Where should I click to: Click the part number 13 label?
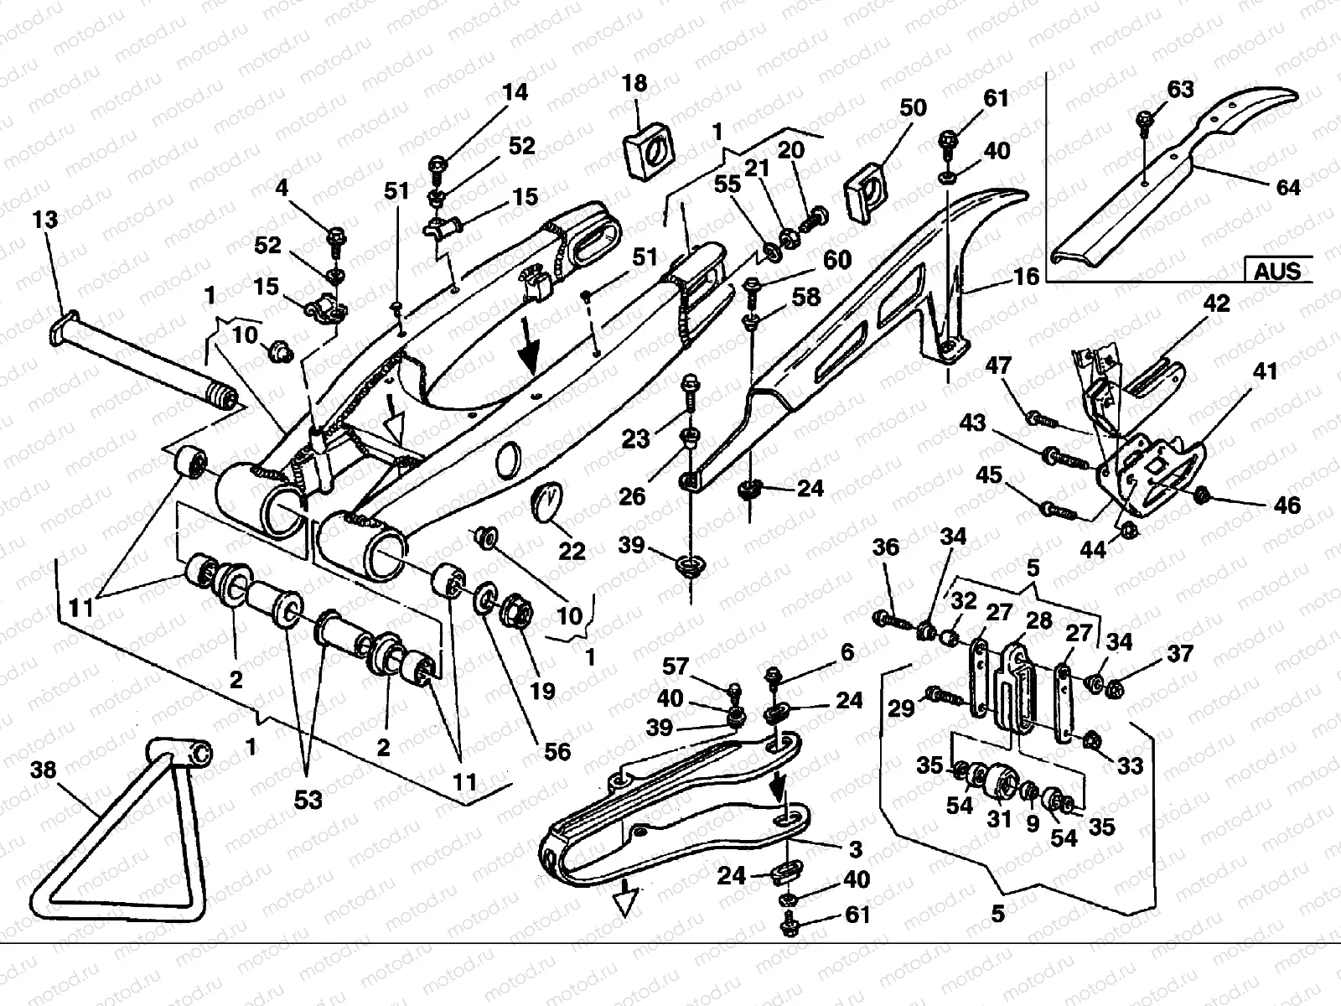pyautogui.click(x=45, y=220)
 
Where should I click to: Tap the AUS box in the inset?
pyautogui.click(x=1277, y=270)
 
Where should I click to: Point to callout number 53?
pyautogui.click(x=308, y=800)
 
